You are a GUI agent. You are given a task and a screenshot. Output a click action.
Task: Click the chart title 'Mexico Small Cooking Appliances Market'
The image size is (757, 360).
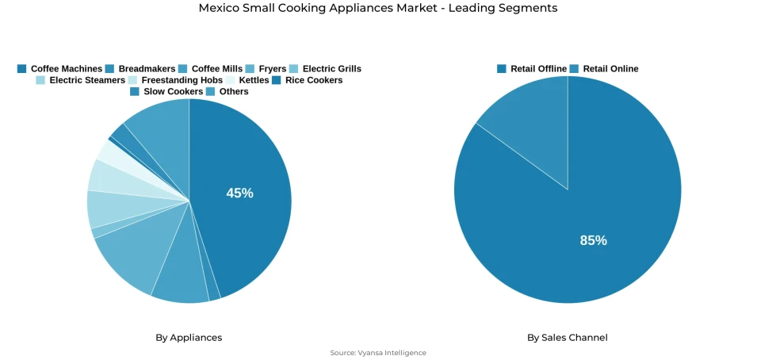(x=378, y=8)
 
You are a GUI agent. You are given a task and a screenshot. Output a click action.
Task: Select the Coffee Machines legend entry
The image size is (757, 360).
(x=59, y=69)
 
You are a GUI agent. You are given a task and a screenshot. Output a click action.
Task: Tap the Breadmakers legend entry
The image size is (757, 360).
(x=140, y=69)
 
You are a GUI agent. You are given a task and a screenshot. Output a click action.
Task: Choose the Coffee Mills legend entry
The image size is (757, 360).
(x=210, y=69)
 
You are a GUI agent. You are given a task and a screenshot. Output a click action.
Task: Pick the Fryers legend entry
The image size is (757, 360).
(x=266, y=69)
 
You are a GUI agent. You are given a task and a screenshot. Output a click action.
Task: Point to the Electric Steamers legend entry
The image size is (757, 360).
(x=80, y=80)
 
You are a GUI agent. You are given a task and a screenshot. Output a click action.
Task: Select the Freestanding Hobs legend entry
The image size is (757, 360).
(x=175, y=80)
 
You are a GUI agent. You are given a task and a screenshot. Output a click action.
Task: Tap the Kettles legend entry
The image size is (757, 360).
(x=247, y=80)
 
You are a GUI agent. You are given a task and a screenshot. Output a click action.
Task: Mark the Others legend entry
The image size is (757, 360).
(x=227, y=91)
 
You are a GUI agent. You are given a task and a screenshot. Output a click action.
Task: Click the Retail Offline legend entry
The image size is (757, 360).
(x=532, y=69)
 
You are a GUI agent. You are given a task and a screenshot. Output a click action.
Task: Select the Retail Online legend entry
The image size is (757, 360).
(x=604, y=69)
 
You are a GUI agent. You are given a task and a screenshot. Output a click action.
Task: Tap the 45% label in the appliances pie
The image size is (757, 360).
(x=239, y=193)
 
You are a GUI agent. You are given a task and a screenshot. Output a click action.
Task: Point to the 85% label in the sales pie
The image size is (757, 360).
(x=593, y=240)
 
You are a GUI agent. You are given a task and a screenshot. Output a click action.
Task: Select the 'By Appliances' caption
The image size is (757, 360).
(x=189, y=338)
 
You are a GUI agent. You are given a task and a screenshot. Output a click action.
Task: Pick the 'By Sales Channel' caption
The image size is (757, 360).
(x=568, y=338)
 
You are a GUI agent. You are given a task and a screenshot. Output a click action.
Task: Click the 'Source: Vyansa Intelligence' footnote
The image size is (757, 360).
(x=378, y=353)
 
